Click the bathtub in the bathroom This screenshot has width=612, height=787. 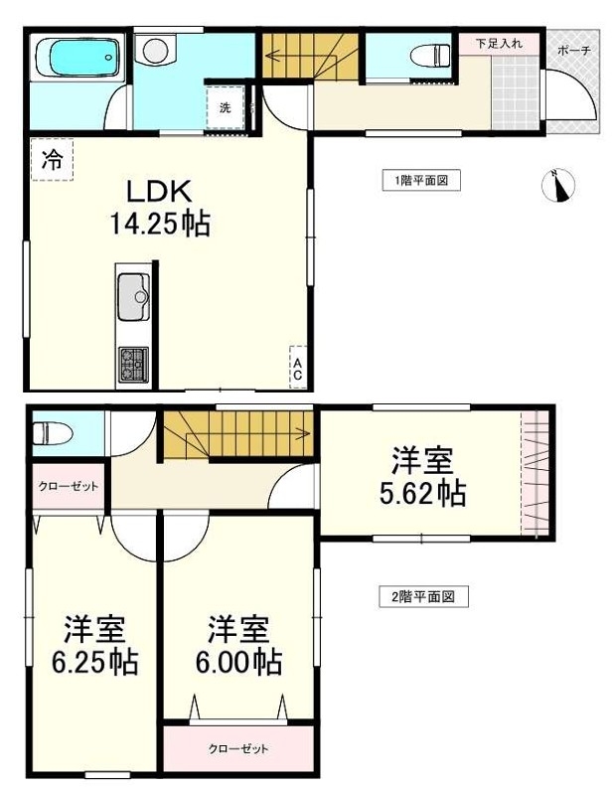78,57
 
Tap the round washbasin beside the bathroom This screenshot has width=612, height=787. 154,51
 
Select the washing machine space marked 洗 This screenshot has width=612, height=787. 226,107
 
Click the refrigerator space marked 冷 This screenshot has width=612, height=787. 53,160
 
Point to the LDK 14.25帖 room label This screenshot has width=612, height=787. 160,209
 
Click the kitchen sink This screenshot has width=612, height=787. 134,297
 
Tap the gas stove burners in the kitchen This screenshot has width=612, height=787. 133,365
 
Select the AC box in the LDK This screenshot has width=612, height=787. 297,368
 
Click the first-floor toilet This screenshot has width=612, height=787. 430,56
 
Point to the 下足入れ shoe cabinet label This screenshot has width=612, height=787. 499,44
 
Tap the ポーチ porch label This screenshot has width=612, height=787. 574,51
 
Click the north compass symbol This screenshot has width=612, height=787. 558,185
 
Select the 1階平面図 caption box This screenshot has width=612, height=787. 421,180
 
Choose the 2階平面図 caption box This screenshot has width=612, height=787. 423,597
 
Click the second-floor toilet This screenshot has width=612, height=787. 53,432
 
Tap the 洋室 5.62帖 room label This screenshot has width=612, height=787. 423,477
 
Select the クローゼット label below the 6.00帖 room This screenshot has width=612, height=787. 238,749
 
